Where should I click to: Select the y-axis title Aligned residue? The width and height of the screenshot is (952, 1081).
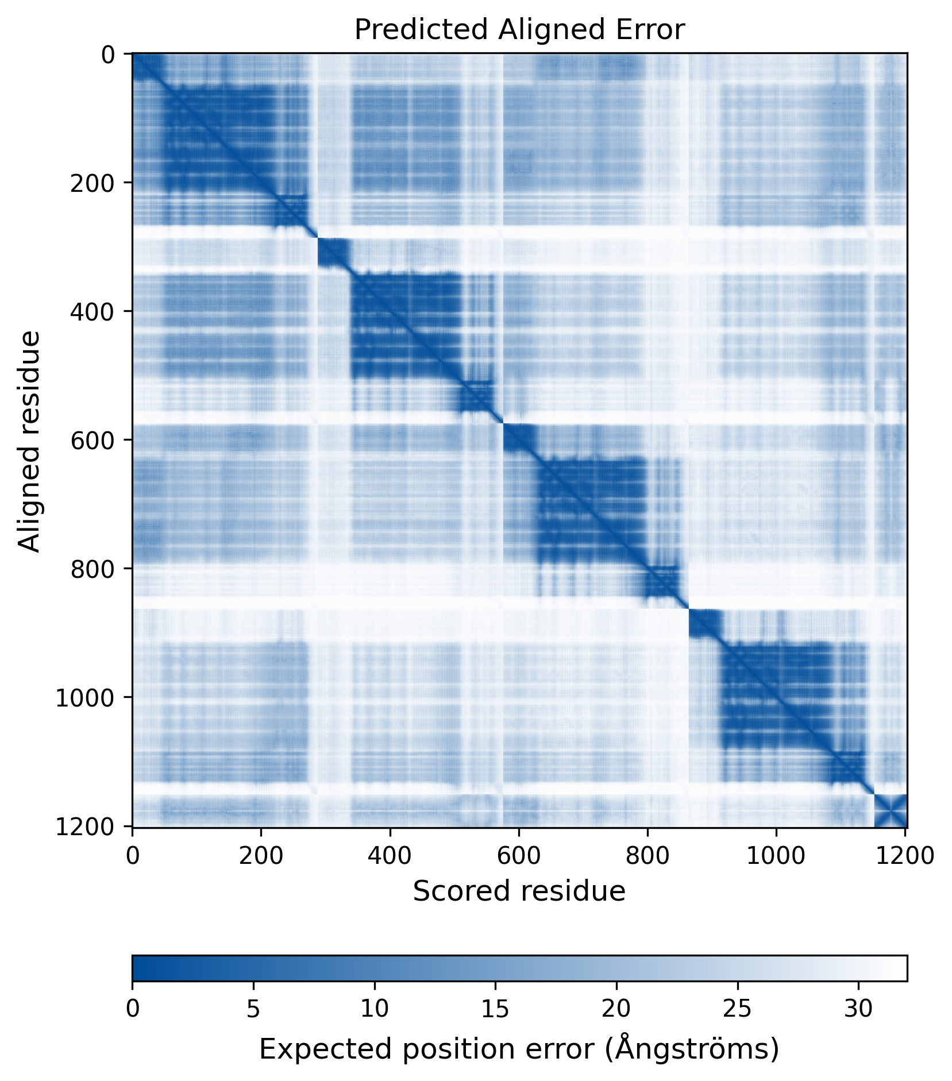tap(29, 441)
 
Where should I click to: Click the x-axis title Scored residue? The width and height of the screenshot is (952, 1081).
tap(519, 891)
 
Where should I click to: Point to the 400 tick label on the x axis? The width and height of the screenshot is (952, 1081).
tap(390, 856)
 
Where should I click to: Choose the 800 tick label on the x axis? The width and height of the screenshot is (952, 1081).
tap(647, 856)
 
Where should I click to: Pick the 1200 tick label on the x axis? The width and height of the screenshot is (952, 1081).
tap(904, 856)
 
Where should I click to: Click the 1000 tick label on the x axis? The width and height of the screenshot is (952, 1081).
tap(776, 856)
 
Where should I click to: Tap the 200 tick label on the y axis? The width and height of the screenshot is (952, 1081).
tap(92, 183)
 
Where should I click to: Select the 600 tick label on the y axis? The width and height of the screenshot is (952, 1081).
tap(92, 440)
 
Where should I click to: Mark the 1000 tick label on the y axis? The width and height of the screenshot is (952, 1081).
tap(85, 697)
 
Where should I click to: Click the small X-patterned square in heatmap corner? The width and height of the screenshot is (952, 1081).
tap(890, 810)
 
